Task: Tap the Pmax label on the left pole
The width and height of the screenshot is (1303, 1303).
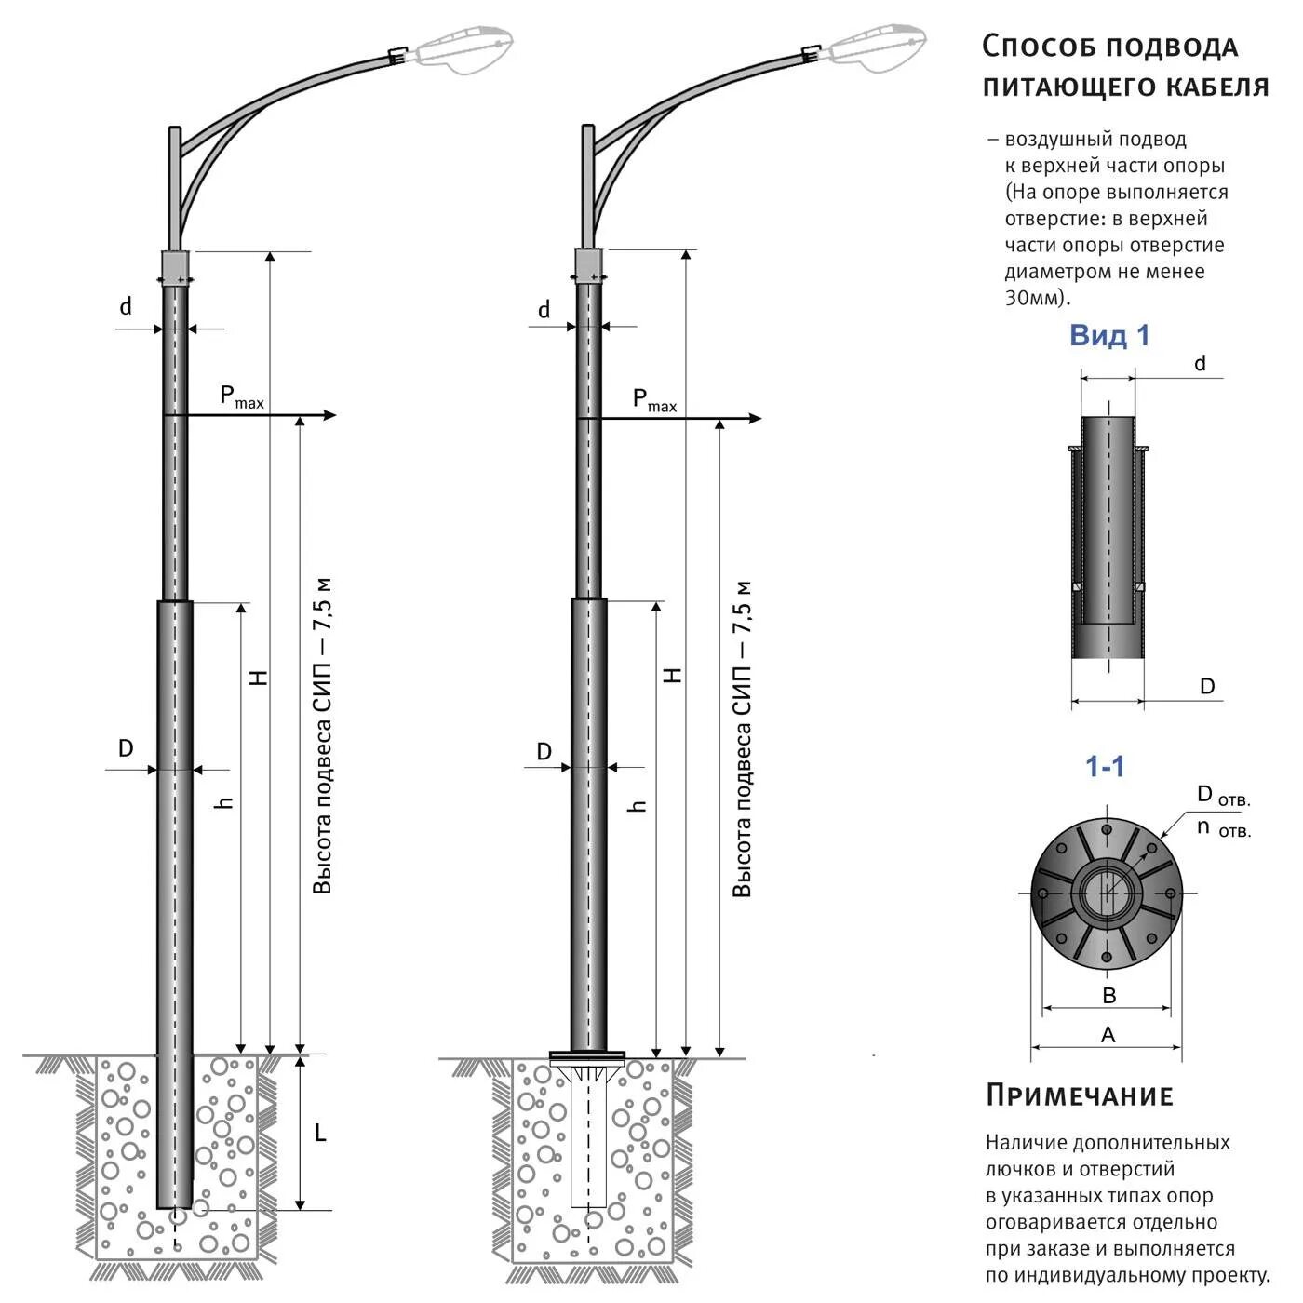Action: coord(241,396)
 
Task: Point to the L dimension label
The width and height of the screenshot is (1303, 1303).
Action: coord(319,1133)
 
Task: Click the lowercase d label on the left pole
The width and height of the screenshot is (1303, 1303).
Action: coord(126,306)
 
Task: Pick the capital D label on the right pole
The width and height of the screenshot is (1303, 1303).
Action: coord(544,751)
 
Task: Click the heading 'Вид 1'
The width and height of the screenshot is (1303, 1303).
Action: coord(1109,335)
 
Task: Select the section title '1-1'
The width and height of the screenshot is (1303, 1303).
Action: coord(1105,767)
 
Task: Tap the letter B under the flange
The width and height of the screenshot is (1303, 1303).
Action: coord(1108,996)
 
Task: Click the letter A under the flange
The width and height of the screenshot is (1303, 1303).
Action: coord(1108,1035)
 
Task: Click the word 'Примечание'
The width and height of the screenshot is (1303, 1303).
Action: coord(1080,1095)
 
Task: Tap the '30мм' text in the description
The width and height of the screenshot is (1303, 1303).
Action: coord(1036,298)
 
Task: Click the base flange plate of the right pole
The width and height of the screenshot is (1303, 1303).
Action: coord(587,1055)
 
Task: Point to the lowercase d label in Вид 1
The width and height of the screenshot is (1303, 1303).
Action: coord(1200,363)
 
